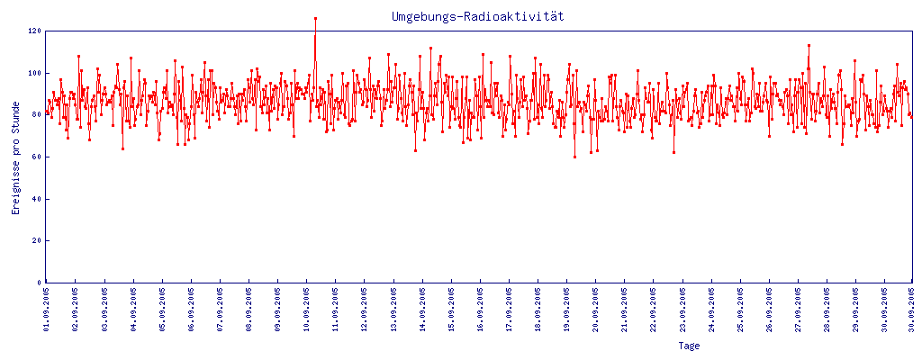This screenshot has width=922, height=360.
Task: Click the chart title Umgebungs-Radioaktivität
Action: point(477,17)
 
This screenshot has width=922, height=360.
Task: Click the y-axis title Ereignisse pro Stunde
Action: point(16,170)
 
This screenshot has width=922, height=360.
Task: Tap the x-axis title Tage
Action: point(689,346)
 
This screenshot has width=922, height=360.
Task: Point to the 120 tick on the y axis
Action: point(35,31)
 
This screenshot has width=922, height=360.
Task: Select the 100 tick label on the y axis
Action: point(35,73)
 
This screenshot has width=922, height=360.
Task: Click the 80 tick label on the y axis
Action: point(37,114)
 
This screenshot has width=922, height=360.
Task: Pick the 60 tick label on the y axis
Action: point(37,157)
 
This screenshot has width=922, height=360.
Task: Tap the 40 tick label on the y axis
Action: point(37,199)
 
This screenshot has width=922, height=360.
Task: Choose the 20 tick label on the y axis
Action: point(37,240)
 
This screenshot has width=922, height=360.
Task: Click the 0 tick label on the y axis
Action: point(40,283)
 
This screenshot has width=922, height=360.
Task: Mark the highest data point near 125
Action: point(315,18)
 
